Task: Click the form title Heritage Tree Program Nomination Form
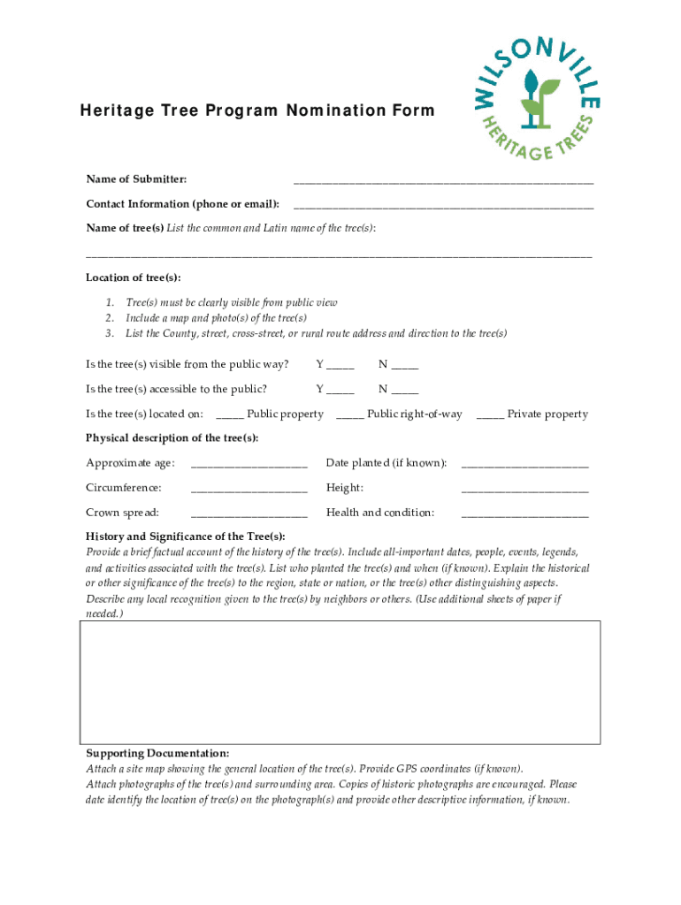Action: pyautogui.click(x=257, y=111)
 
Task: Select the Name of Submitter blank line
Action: pyautogui.click(x=443, y=180)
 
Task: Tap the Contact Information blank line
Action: pyautogui.click(x=443, y=205)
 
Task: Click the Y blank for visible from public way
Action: pyautogui.click(x=340, y=365)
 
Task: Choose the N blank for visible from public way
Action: pyautogui.click(x=405, y=365)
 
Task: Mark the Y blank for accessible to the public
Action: pyautogui.click(x=340, y=390)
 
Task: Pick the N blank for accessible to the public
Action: pyautogui.click(x=405, y=390)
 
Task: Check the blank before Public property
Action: pyautogui.click(x=230, y=414)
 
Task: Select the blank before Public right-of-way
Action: pyautogui.click(x=350, y=414)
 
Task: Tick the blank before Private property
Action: pyautogui.click(x=491, y=414)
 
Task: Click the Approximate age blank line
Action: pyautogui.click(x=249, y=464)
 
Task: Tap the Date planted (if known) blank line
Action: pyautogui.click(x=524, y=464)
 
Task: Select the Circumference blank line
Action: pyautogui.click(x=249, y=489)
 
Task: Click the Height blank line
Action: pyautogui.click(x=524, y=489)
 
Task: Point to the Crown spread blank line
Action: pyautogui.click(x=249, y=513)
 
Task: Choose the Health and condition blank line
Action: pyautogui.click(x=524, y=513)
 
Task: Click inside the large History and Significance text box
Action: pyautogui.click(x=340, y=681)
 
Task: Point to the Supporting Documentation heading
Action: pyautogui.click(x=157, y=753)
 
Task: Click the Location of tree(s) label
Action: pyautogui.click(x=133, y=278)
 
